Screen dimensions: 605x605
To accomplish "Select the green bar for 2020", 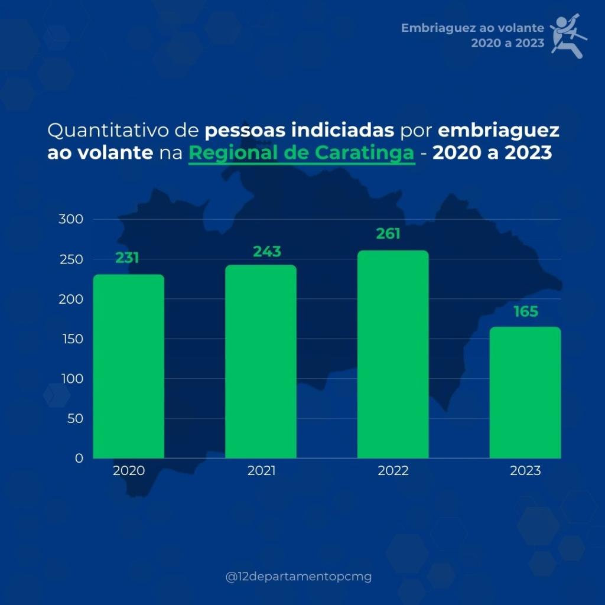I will click(x=129, y=366).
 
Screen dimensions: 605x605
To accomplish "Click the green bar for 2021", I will click(x=261, y=362).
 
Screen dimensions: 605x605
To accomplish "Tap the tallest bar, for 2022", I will click(x=393, y=354).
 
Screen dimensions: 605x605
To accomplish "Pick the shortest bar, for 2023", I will click(x=525, y=392).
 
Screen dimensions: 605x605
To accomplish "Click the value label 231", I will click(x=127, y=258).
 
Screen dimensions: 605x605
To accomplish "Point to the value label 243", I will click(x=267, y=252).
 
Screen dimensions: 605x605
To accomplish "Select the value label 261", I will click(x=388, y=234).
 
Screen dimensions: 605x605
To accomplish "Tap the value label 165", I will click(x=526, y=311).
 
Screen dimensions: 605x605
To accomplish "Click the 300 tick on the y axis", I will click(x=71, y=219).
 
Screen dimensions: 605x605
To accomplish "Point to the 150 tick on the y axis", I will click(x=71, y=339).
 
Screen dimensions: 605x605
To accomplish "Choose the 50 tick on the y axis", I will click(x=74, y=418).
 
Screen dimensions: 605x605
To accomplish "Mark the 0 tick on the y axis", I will click(x=79, y=458).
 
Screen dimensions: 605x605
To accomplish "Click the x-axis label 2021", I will click(x=261, y=471).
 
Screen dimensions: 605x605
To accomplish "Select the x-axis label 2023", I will click(x=525, y=471).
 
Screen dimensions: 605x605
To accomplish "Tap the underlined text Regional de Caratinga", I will click(x=301, y=153).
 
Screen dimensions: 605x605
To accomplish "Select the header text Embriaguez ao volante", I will click(x=472, y=28).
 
